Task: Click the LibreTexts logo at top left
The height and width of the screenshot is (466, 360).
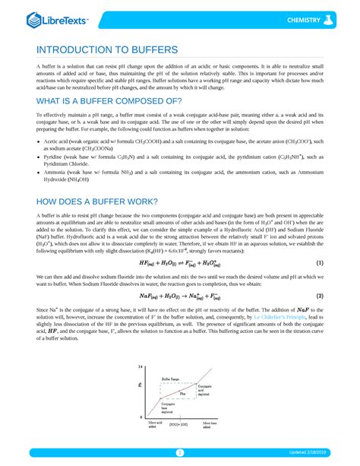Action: tap(58, 20)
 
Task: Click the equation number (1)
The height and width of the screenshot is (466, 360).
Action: tap(320, 262)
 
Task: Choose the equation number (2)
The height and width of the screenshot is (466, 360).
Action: tap(320, 296)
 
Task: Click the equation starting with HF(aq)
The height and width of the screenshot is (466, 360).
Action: tap(179, 262)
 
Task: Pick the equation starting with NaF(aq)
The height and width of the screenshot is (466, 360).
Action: tap(179, 296)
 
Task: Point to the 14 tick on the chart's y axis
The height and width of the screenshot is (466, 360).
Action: tap(141, 367)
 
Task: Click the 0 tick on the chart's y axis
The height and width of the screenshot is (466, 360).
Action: tap(141, 417)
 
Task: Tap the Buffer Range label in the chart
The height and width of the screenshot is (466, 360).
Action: tap(171, 378)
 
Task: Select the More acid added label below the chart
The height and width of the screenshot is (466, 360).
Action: tap(155, 425)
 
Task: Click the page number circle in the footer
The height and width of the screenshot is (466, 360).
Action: tap(180, 453)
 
